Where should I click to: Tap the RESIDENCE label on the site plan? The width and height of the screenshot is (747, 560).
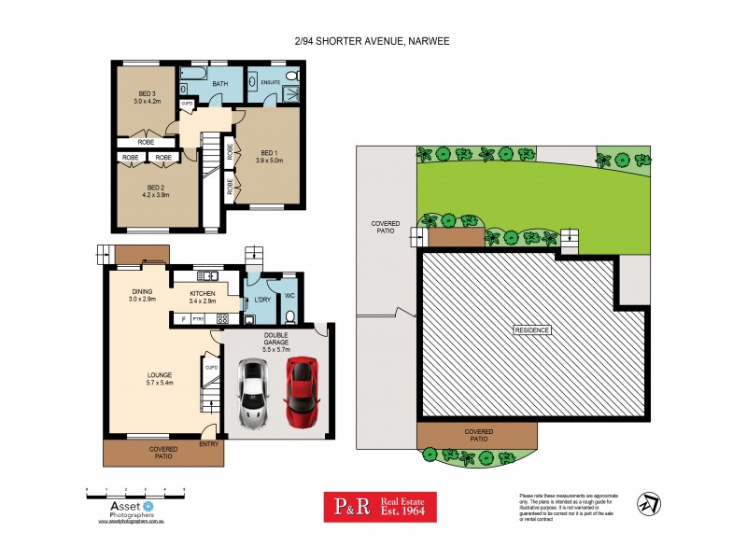click(532, 330)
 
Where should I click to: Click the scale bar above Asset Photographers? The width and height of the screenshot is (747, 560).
click(134, 489)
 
